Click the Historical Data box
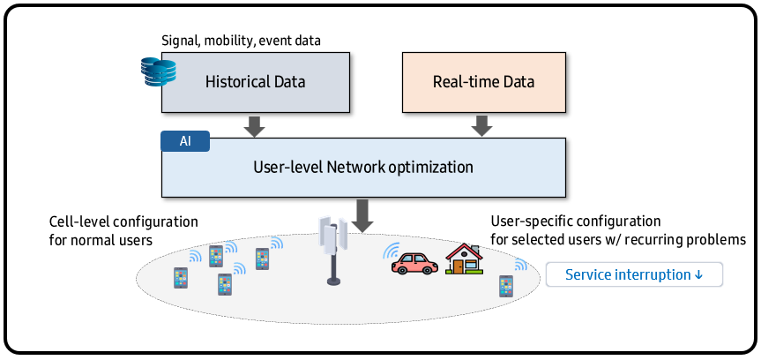[256, 82]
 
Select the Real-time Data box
[483, 82]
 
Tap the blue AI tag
[185, 141]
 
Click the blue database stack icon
[158, 71]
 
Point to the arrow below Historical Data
[254, 125]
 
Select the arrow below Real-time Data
[481, 125]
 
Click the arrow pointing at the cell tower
[362, 216]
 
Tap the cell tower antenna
[333, 251]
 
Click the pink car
[414, 263]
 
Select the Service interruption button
[634, 275]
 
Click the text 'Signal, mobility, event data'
[242, 41]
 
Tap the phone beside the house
[505, 286]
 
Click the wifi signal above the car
[392, 250]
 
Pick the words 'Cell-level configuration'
[123, 222]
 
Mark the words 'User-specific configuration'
[576, 221]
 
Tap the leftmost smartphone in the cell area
[181, 278]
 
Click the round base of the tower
[333, 281]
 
